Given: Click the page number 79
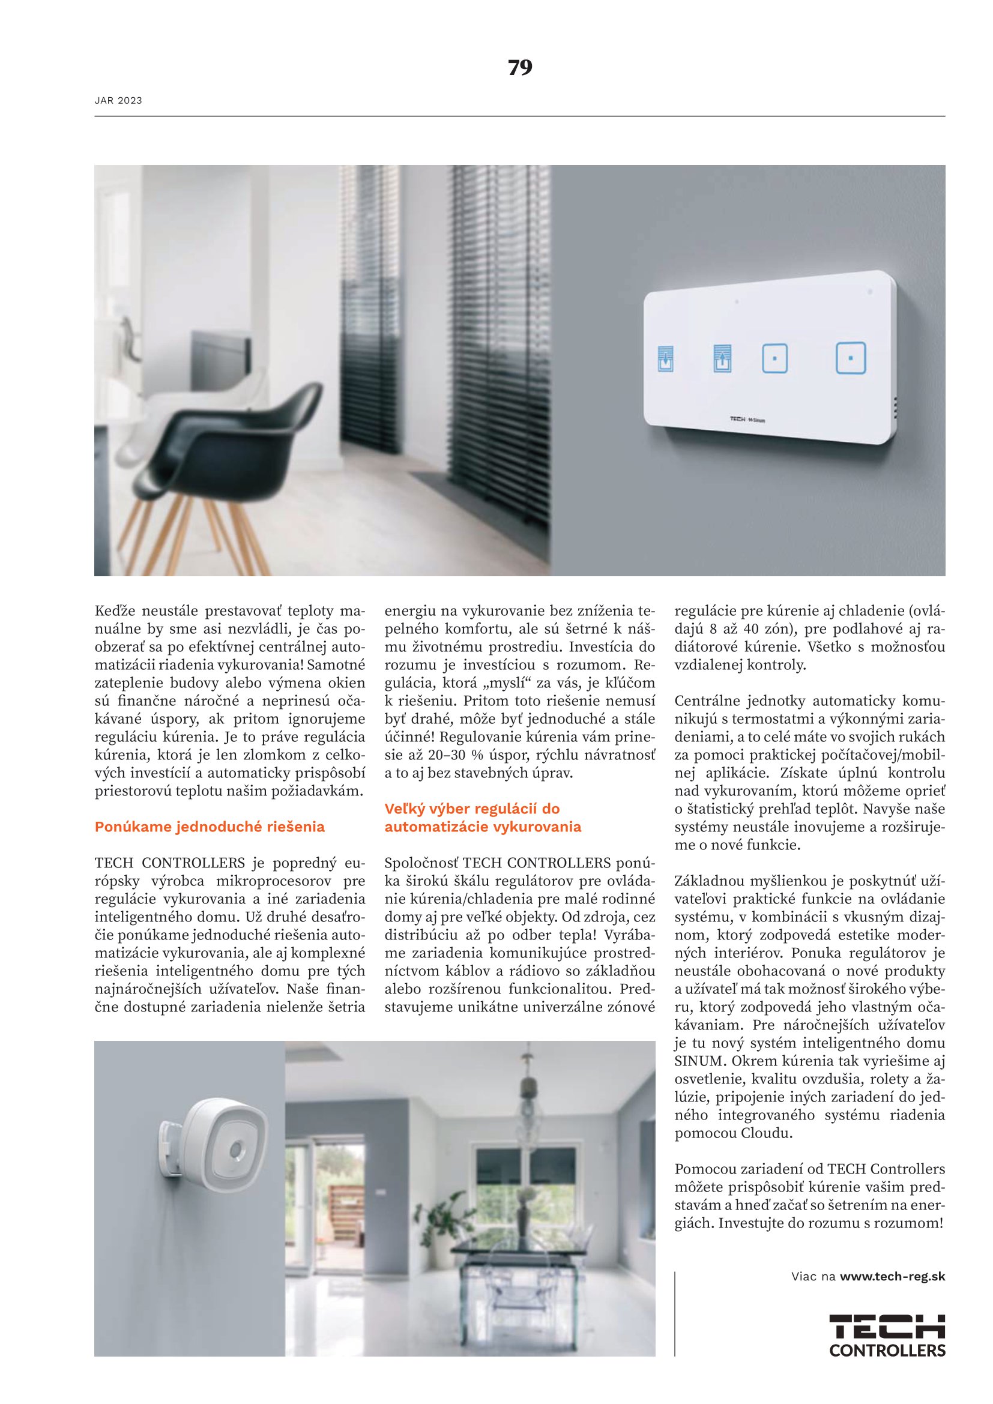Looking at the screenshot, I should pos(520,67).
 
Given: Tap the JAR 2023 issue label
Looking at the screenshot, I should pos(118,101).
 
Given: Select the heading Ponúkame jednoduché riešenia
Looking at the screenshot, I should pos(209,827).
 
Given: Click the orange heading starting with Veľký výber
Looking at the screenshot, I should pos(483,818).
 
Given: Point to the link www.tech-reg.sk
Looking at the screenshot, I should pos(892,1276).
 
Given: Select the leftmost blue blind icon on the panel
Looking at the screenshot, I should pos(665,359).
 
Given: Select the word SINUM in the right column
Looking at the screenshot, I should pos(698,1060).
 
